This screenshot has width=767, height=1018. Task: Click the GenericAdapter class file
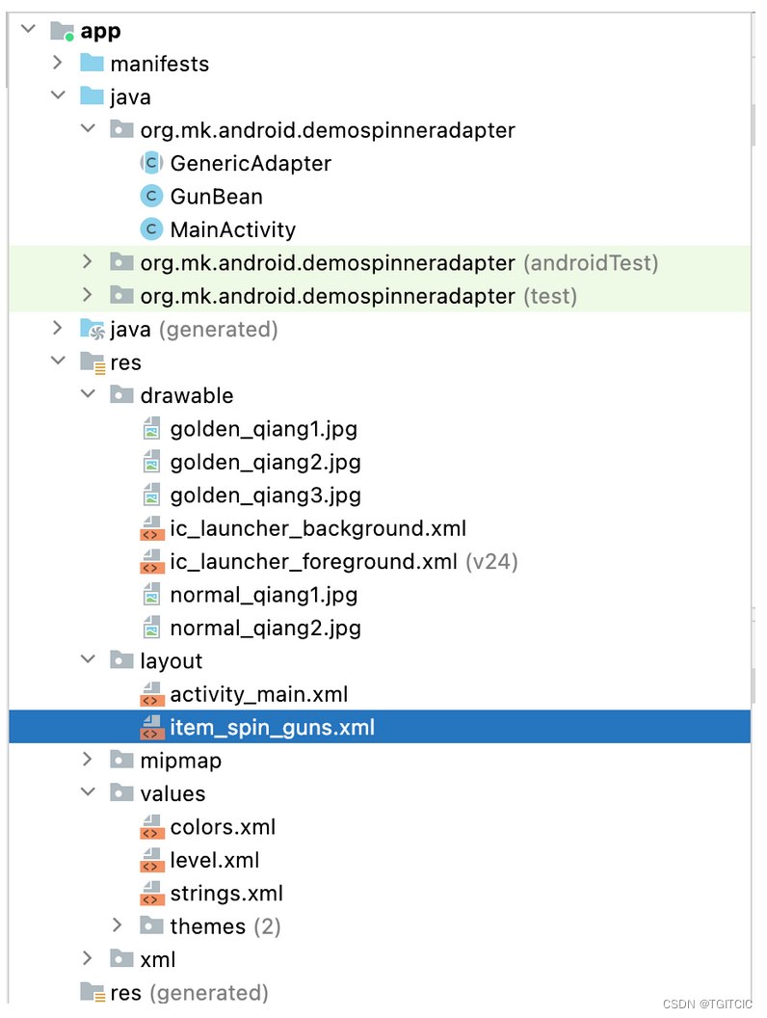click(250, 164)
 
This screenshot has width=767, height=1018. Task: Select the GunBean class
click(216, 197)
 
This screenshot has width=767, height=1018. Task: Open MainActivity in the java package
click(232, 230)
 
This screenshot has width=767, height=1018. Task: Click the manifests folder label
click(159, 65)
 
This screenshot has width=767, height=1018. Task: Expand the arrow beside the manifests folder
click(58, 64)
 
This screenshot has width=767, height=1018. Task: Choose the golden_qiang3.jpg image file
click(265, 496)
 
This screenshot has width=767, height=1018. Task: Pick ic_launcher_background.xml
click(318, 529)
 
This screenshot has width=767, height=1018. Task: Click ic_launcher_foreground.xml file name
click(313, 562)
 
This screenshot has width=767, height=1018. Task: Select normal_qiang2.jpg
click(265, 629)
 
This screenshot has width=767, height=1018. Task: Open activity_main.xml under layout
click(258, 695)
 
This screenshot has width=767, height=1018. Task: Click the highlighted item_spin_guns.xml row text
click(272, 728)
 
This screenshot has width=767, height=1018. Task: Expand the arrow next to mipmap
click(88, 761)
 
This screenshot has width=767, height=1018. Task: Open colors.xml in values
click(223, 827)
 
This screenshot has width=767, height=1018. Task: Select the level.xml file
click(214, 861)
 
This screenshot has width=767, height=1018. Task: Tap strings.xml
click(226, 894)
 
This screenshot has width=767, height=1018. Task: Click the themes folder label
click(207, 927)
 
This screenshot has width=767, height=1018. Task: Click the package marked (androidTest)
click(327, 263)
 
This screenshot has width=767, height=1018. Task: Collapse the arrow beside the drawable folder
click(88, 395)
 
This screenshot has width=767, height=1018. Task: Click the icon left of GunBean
click(150, 197)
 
